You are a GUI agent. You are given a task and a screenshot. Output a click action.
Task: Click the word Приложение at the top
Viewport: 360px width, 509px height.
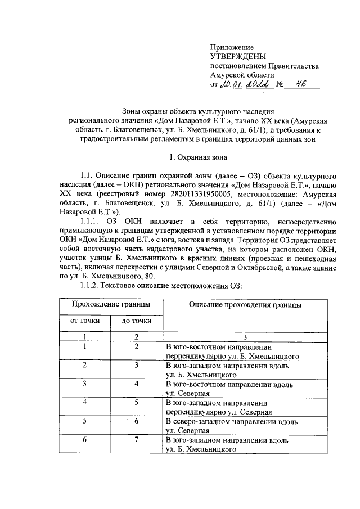pyautogui.click(x=232, y=48)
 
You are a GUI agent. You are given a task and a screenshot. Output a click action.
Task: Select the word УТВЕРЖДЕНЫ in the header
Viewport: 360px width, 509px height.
pyautogui.click(x=235, y=57)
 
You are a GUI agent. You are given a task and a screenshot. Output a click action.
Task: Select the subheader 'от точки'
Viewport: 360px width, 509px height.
pyautogui.click(x=84, y=321)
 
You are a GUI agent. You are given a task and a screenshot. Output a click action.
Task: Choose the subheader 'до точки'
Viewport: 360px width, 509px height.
pyautogui.click(x=136, y=321)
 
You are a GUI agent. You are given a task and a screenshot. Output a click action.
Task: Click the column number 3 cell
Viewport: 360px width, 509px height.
pyautogui.click(x=245, y=337)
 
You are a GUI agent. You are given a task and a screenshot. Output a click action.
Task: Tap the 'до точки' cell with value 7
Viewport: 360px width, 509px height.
pyautogui.click(x=136, y=439)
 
